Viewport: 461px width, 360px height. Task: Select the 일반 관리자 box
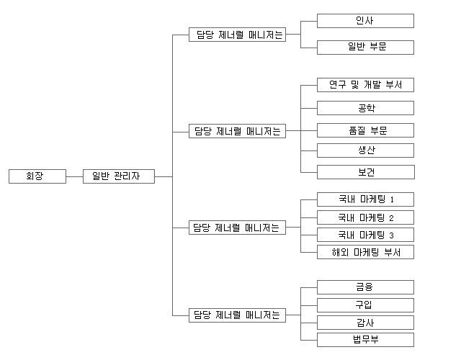click(118, 176)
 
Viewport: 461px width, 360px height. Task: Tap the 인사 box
click(365, 21)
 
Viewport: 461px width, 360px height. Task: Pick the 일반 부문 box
click(365, 48)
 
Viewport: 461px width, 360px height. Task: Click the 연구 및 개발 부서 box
click(365, 85)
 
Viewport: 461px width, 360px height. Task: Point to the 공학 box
click(365, 108)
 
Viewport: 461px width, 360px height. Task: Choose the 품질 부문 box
click(365, 130)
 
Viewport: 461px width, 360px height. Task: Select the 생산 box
click(365, 150)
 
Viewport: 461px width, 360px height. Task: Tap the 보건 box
click(365, 172)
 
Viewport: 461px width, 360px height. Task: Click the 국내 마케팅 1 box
click(365, 199)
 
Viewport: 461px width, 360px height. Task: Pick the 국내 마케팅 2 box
click(365, 217)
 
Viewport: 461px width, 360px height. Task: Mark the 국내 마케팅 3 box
click(365, 235)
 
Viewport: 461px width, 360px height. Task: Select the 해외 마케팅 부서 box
click(365, 252)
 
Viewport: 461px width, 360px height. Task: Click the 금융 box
click(365, 287)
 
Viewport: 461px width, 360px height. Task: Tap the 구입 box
click(365, 305)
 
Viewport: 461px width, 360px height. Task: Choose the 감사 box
click(365, 322)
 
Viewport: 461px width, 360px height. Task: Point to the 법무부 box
click(365, 340)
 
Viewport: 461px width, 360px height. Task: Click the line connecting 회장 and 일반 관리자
click(74, 176)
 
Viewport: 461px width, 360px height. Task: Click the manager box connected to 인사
click(237, 34)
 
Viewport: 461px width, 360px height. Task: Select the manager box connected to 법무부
click(237, 315)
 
